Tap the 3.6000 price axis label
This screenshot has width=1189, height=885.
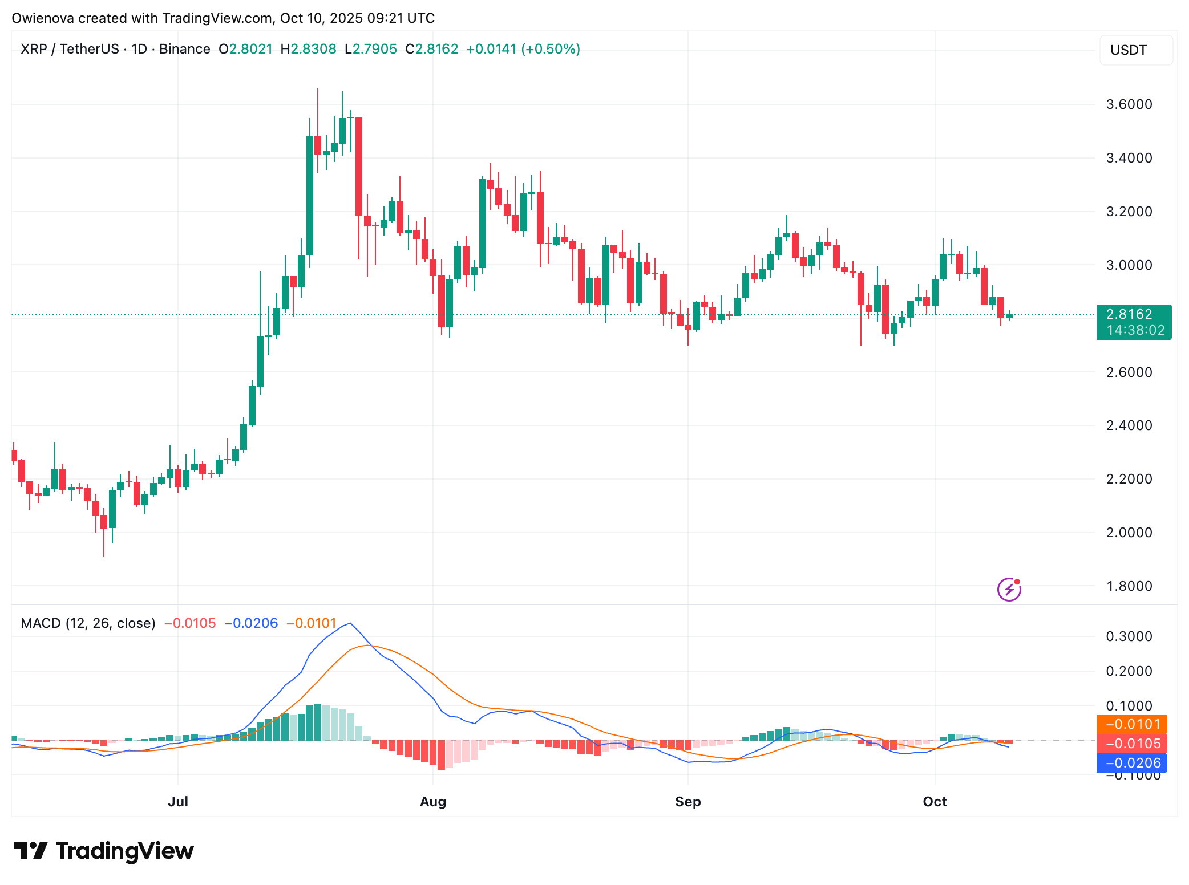1129,104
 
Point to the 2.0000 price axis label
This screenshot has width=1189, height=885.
1129,533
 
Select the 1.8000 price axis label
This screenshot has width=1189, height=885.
1129,586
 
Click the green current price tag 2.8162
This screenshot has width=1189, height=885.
1133,322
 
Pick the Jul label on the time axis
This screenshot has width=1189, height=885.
178,802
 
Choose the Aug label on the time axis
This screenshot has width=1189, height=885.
433,802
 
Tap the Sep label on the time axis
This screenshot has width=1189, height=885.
687,802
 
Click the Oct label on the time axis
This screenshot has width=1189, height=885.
935,802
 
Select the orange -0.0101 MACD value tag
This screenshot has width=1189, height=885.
1132,724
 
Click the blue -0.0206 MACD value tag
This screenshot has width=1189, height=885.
1132,763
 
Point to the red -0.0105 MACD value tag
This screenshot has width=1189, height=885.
1132,744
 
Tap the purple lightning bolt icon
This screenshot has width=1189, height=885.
1009,590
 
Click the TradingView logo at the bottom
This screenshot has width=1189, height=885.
104,851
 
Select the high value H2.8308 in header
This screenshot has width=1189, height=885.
308,49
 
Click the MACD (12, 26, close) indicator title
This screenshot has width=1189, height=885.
88,623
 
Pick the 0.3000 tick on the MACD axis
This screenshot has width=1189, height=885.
1129,636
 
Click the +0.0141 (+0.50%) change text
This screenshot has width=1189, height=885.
523,49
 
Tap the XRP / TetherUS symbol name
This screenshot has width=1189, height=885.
70,49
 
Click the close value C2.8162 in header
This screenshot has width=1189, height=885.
432,49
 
